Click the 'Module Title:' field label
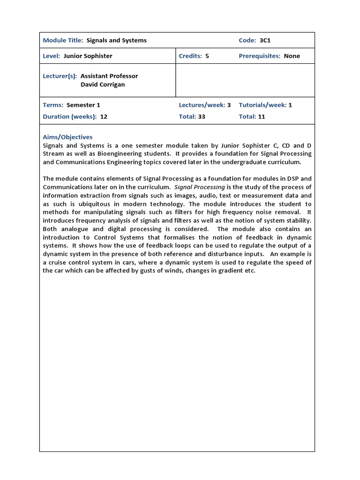coord(63,40)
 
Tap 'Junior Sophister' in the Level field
coord(88,56)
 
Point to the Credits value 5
coord(207,56)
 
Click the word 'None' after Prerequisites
coord(292,56)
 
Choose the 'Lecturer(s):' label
coord(60,75)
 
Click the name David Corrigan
coord(103,84)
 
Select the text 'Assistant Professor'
coord(109,75)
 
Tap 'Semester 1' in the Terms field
coord(83,105)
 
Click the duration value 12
coord(104,117)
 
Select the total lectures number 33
coord(202,117)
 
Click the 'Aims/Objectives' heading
coord(67,137)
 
